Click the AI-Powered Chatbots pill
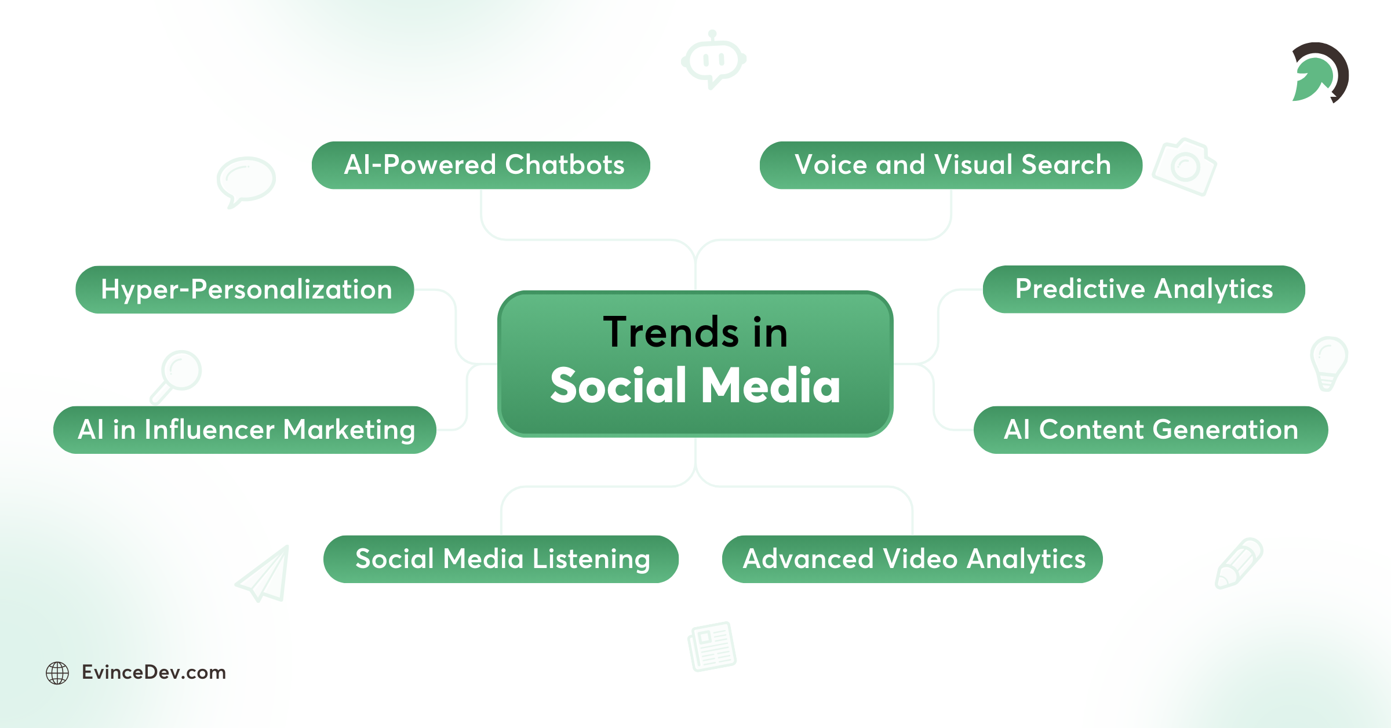tap(480, 165)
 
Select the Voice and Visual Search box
tap(951, 165)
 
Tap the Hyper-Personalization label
tap(245, 290)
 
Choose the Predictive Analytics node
tap(1144, 289)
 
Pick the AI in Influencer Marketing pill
tap(245, 430)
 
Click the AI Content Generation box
tap(1150, 430)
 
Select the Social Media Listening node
tap(501, 559)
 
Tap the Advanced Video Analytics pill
tap(912, 559)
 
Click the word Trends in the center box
tap(671, 333)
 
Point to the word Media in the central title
tap(770, 385)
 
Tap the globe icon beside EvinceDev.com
tap(57, 673)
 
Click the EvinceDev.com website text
tap(154, 672)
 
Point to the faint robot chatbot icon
tap(713, 60)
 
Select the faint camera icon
tap(1184, 167)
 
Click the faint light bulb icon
tap(1328, 362)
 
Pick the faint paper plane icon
tap(264, 574)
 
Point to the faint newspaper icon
tap(712, 646)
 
